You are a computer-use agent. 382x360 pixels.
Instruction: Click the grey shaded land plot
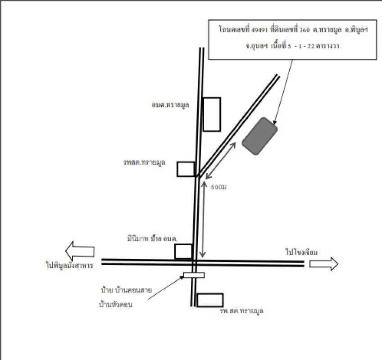click(x=259, y=136)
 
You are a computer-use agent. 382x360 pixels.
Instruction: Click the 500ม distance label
click(x=218, y=187)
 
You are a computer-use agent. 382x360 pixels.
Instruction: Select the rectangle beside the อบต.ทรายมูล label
click(x=212, y=114)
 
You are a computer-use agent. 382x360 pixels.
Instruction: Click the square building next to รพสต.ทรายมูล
click(x=185, y=169)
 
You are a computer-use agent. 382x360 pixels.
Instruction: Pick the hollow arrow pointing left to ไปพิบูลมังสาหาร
click(x=80, y=250)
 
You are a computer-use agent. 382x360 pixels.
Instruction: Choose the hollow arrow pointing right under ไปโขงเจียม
click(x=323, y=264)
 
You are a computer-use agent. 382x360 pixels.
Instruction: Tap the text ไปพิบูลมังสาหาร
click(x=69, y=265)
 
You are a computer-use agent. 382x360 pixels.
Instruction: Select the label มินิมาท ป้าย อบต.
click(x=152, y=238)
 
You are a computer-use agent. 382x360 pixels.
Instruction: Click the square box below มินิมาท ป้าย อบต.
click(x=183, y=252)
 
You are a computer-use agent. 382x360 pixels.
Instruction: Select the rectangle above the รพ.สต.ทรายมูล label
click(x=210, y=300)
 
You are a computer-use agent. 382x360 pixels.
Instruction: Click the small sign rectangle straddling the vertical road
click(x=194, y=275)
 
